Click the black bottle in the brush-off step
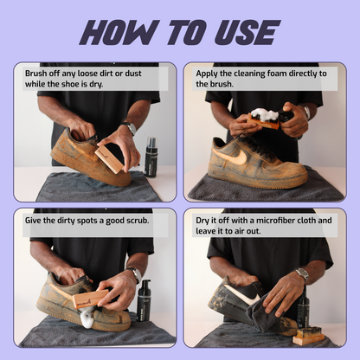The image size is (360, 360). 151,157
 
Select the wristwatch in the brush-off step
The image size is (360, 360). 130,128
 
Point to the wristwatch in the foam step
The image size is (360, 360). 305,112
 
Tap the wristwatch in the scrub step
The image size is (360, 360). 136,275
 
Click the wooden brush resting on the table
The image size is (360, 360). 307,336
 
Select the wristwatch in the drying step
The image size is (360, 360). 300,274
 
